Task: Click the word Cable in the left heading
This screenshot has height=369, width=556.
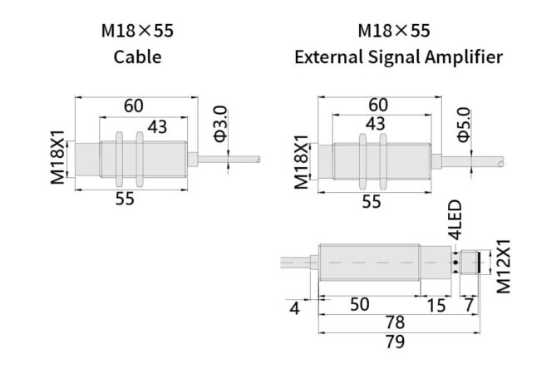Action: (x=137, y=57)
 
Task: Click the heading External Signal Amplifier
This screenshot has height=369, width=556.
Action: (x=398, y=57)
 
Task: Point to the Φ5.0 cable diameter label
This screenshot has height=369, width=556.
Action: (x=463, y=124)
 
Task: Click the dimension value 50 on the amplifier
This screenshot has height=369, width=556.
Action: (x=359, y=304)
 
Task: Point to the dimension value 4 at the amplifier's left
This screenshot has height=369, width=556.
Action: (x=294, y=307)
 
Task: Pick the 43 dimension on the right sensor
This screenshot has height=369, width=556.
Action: (x=375, y=124)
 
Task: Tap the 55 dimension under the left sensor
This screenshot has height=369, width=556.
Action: (x=125, y=199)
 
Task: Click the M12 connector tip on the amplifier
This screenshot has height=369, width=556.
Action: (x=475, y=263)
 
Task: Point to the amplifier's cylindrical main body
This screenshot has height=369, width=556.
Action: (x=369, y=263)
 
